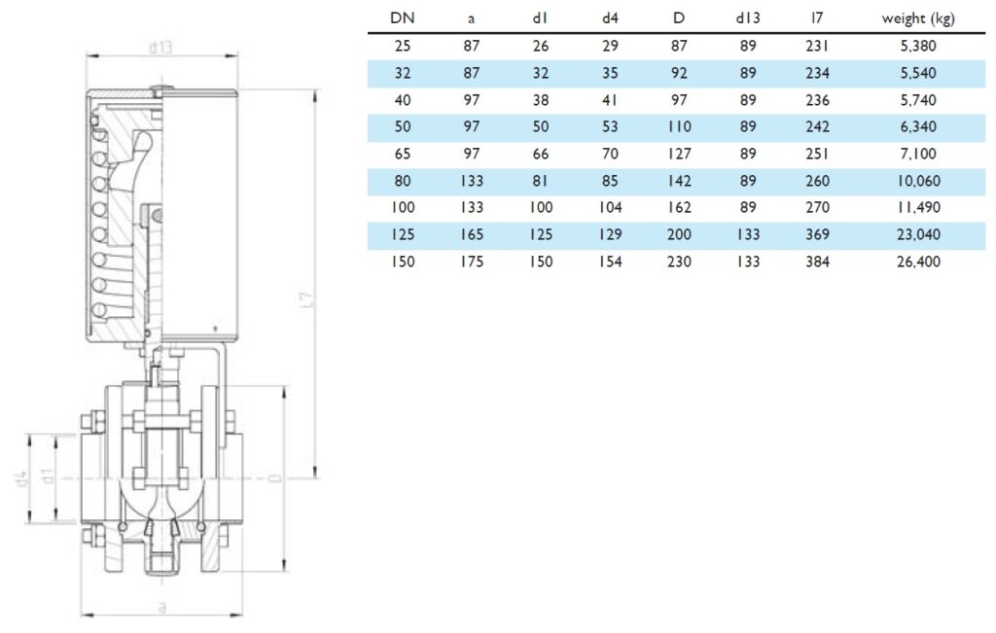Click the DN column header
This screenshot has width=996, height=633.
[x=402, y=18]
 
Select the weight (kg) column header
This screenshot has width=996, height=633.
[x=918, y=18]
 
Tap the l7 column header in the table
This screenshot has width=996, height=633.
[x=817, y=18]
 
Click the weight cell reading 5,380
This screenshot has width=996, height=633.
[x=918, y=46]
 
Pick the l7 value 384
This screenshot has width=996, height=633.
[x=817, y=262]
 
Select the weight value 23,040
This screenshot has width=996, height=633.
[x=918, y=234]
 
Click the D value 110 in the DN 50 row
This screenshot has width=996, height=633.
[x=679, y=126]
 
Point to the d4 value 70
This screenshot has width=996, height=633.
[x=610, y=154]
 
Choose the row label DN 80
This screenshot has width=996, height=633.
[x=402, y=181]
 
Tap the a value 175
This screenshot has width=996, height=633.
[x=472, y=262]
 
